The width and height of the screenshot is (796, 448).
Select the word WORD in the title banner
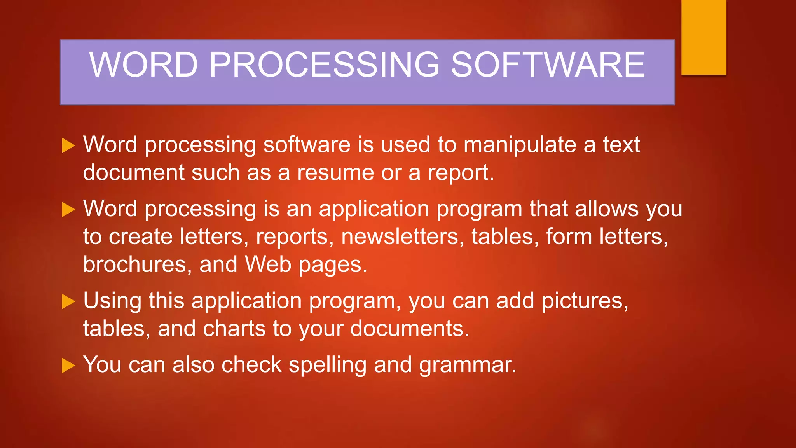pos(143,65)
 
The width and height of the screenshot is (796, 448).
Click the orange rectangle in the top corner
pos(703,37)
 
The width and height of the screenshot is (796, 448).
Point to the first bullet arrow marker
pos(68,145)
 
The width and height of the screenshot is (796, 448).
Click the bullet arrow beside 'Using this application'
pos(68,301)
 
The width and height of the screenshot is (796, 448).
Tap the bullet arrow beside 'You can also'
pos(68,366)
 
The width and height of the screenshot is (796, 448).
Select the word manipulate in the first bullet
pos(520,145)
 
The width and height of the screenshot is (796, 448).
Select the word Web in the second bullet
pos(268,265)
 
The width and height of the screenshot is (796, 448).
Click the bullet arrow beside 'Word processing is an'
pos(68,210)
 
